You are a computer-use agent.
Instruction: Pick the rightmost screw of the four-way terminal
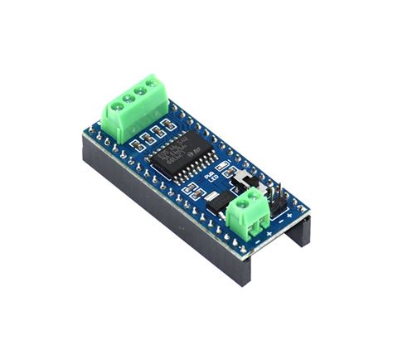151,83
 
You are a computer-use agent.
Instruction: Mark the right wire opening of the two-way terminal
264,217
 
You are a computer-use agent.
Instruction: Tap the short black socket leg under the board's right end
299,235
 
